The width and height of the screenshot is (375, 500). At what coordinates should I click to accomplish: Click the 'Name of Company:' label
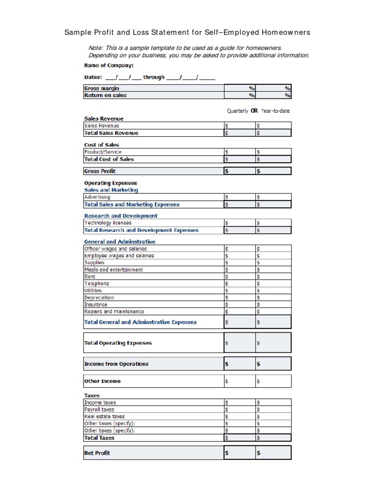108,65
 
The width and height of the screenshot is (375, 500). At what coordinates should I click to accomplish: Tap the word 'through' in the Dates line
154,77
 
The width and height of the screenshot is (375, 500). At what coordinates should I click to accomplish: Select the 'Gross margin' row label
102,88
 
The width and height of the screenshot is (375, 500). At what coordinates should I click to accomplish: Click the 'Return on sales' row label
105,95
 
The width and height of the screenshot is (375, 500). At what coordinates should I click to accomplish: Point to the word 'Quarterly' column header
237,111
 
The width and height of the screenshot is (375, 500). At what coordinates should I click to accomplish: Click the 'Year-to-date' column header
275,111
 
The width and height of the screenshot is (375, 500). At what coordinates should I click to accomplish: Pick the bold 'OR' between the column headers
254,111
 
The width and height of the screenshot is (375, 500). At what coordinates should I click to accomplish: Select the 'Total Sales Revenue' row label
111,133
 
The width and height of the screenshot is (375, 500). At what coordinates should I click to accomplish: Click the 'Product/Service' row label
103,152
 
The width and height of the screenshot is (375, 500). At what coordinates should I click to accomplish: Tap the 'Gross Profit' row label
100,171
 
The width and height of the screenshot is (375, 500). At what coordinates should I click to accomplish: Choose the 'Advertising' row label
97,197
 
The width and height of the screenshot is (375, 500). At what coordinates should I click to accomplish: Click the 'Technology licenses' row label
107,223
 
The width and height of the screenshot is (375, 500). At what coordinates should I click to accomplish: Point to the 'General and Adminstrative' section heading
120,242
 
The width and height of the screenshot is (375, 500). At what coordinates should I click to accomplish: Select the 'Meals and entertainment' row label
113,270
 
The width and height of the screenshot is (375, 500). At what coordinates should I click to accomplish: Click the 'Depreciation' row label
99,297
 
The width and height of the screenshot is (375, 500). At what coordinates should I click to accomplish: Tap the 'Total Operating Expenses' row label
118,343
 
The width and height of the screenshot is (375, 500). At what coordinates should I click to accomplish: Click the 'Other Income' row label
102,381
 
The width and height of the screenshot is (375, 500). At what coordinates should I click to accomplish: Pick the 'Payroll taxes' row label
100,410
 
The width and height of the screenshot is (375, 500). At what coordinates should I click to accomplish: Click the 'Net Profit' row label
97,453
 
